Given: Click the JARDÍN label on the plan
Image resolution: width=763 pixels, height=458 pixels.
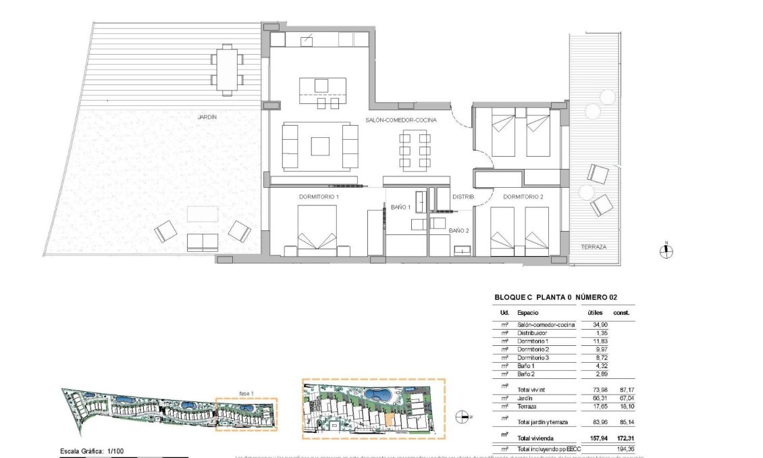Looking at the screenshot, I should [207, 117].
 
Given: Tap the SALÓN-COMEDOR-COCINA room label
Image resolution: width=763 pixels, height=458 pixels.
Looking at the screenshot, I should [401, 120].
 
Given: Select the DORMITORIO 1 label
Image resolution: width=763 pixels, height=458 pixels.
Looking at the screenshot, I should [319, 197].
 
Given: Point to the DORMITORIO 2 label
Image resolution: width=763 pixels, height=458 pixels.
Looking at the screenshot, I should [523, 197].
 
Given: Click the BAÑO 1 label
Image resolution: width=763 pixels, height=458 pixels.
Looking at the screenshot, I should [400, 207].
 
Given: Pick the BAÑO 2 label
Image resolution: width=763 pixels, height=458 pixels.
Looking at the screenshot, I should [459, 230].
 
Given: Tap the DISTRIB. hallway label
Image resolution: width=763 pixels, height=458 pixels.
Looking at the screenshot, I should [463, 197].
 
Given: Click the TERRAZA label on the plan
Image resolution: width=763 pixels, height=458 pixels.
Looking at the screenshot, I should [594, 247].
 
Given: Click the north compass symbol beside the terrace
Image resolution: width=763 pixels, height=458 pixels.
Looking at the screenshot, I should [666, 252].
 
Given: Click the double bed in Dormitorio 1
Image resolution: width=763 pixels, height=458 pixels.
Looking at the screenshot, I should [317, 230].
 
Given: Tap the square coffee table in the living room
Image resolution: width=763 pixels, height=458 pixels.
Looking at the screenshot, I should [320, 146].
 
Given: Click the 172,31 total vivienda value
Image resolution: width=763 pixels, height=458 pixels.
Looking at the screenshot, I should [621, 437].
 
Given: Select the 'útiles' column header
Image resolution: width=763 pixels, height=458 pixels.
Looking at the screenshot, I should [595, 313].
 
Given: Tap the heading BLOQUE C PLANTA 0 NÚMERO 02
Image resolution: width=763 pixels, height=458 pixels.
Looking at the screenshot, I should [556, 297].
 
